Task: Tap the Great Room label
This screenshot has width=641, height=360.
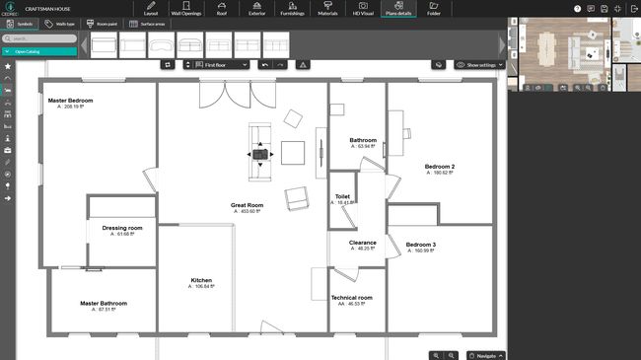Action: (247, 205)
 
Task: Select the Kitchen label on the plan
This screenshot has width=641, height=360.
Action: (201, 280)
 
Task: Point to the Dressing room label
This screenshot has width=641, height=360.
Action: (122, 228)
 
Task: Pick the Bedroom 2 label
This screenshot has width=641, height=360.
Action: (439, 167)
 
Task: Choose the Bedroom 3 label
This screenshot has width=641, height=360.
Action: (421, 244)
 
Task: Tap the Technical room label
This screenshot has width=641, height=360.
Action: (351, 297)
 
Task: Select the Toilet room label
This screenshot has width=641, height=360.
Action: (343, 196)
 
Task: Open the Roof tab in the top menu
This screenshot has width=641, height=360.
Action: (223, 10)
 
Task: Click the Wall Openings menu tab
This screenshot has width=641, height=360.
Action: (188, 10)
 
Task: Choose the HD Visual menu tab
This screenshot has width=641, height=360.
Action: (364, 10)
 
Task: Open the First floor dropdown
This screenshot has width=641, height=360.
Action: (216, 64)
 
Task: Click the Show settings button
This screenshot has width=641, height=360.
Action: (480, 64)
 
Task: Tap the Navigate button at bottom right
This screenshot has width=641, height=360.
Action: (485, 354)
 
